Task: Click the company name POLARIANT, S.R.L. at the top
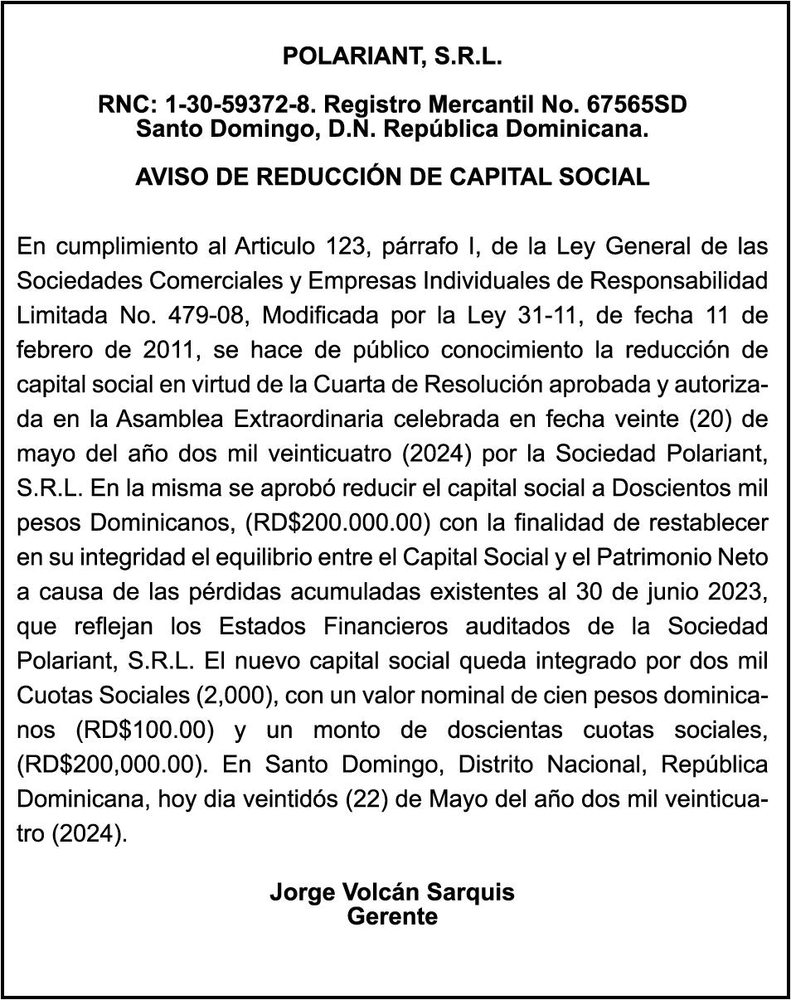click(x=393, y=56)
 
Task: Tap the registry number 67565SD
click(x=636, y=105)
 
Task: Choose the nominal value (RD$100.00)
click(x=144, y=731)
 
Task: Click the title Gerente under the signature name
click(x=392, y=916)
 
